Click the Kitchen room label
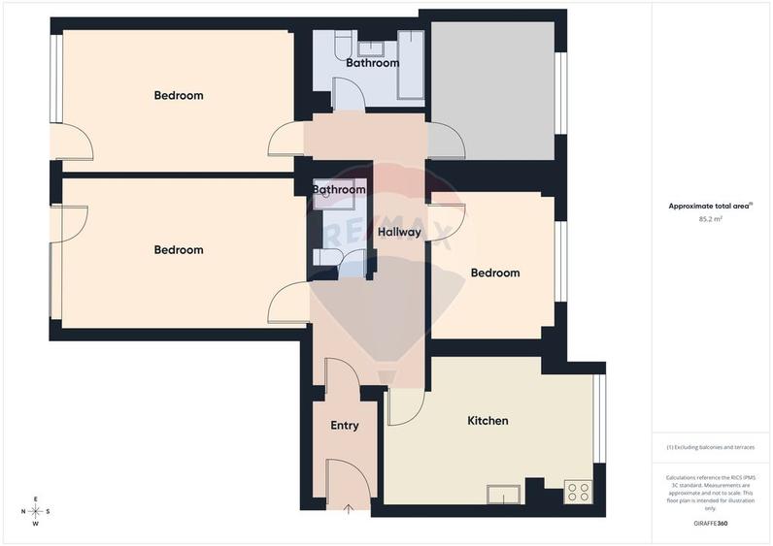[x=487, y=421]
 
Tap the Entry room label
[x=345, y=425]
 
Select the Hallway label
[x=399, y=232]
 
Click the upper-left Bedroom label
[x=179, y=95]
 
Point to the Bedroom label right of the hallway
[x=494, y=273]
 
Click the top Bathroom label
[x=372, y=63]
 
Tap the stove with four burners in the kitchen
[x=578, y=492]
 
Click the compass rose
[x=36, y=511]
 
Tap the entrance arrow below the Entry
[x=349, y=510]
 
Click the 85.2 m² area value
[x=711, y=219]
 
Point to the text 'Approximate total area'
[x=708, y=206]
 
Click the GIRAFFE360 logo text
[x=709, y=525]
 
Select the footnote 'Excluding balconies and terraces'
[x=711, y=448]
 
